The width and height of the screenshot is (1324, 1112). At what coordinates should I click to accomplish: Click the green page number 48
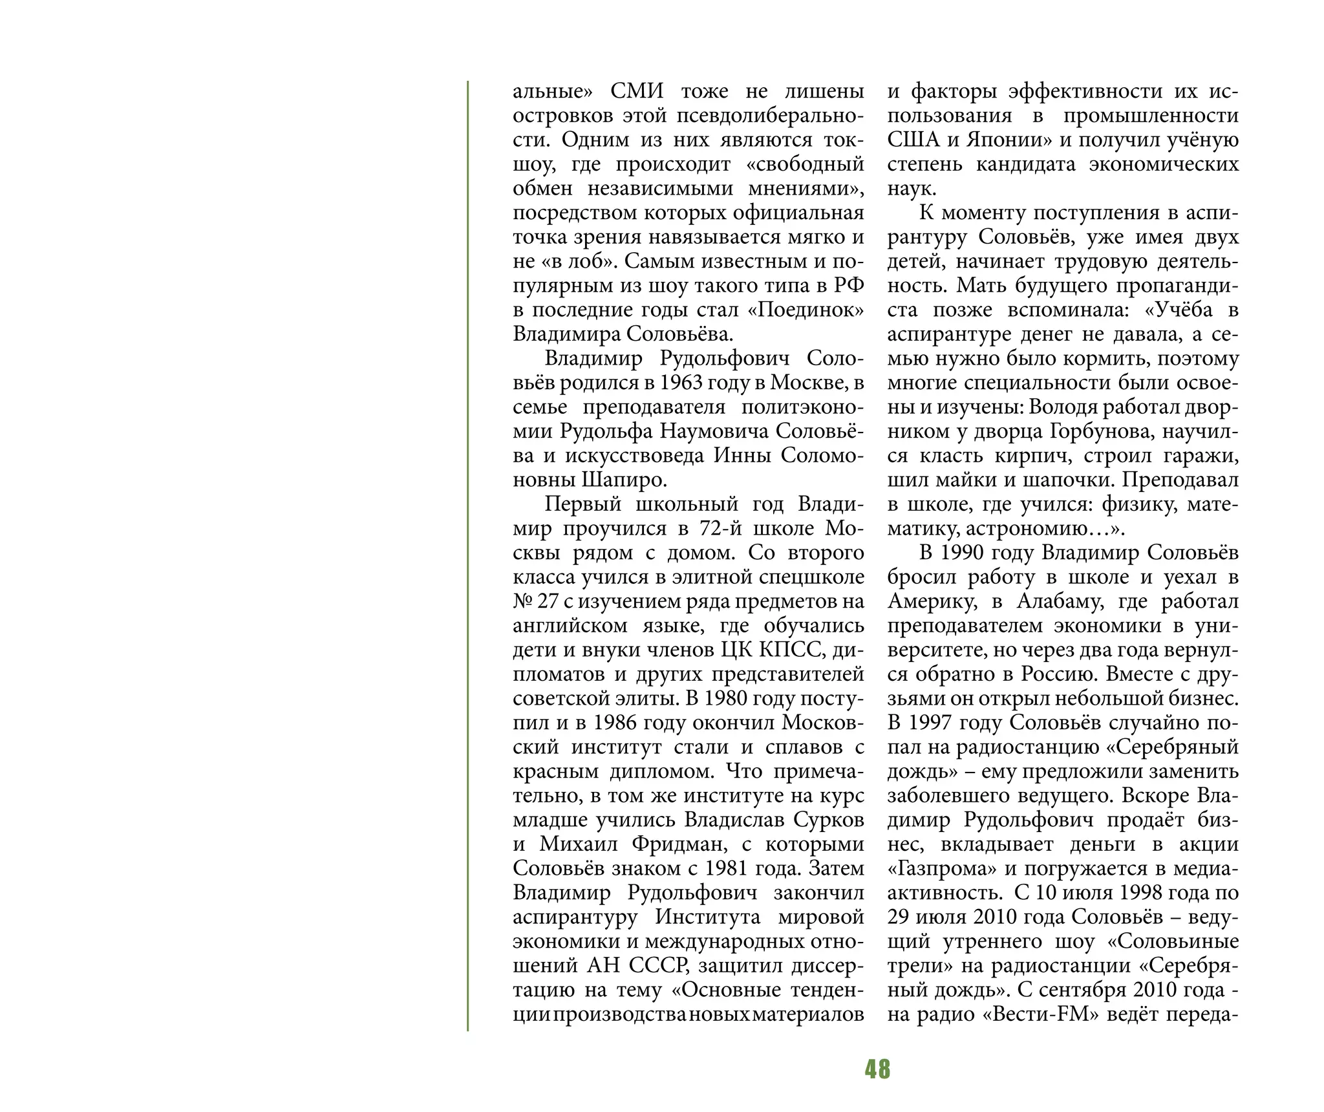click(x=877, y=1069)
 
